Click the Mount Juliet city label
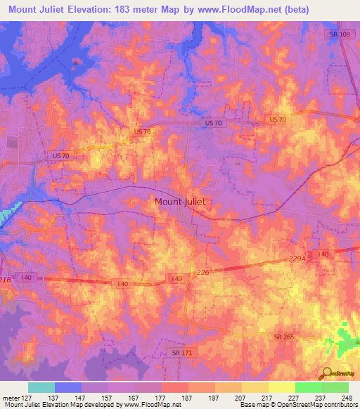tap(180, 201)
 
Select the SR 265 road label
tap(285, 338)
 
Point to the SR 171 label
tap(182, 351)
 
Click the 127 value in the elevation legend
tap(27, 397)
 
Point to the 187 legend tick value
tap(186, 397)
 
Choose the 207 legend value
tap(239, 397)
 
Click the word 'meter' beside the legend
tap(10, 397)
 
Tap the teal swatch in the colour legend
tap(41, 387)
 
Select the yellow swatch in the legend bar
tap(281, 387)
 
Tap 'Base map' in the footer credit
tap(254, 405)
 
